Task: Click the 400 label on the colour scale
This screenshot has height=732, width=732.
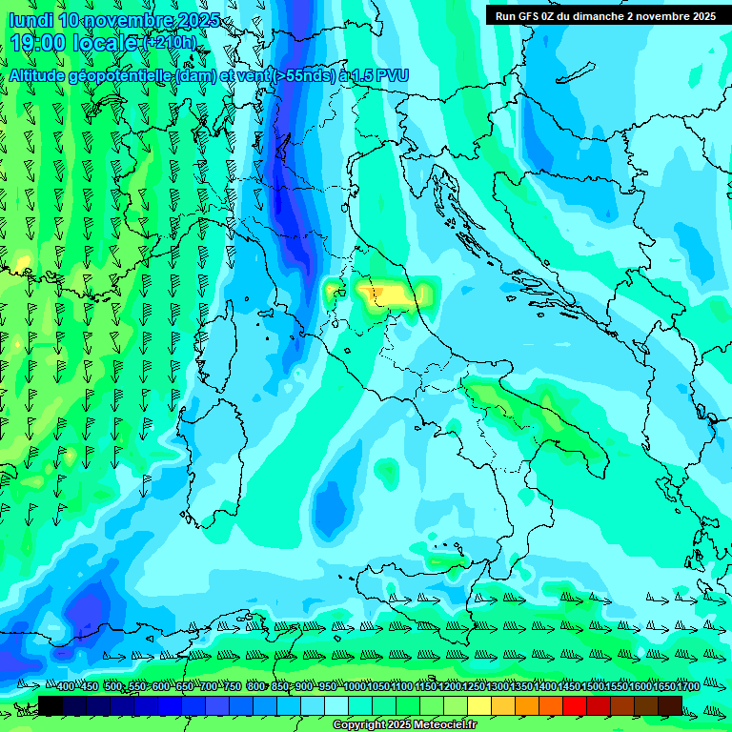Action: [66, 686]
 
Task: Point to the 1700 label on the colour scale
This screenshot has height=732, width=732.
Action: [687, 686]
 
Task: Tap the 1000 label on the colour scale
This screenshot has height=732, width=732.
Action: [355, 686]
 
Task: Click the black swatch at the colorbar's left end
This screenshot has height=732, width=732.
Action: [51, 705]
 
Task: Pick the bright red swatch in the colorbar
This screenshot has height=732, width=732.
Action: [575, 705]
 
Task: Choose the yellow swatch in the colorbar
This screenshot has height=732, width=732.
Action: [479, 705]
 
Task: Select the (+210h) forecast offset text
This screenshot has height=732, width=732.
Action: [169, 43]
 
